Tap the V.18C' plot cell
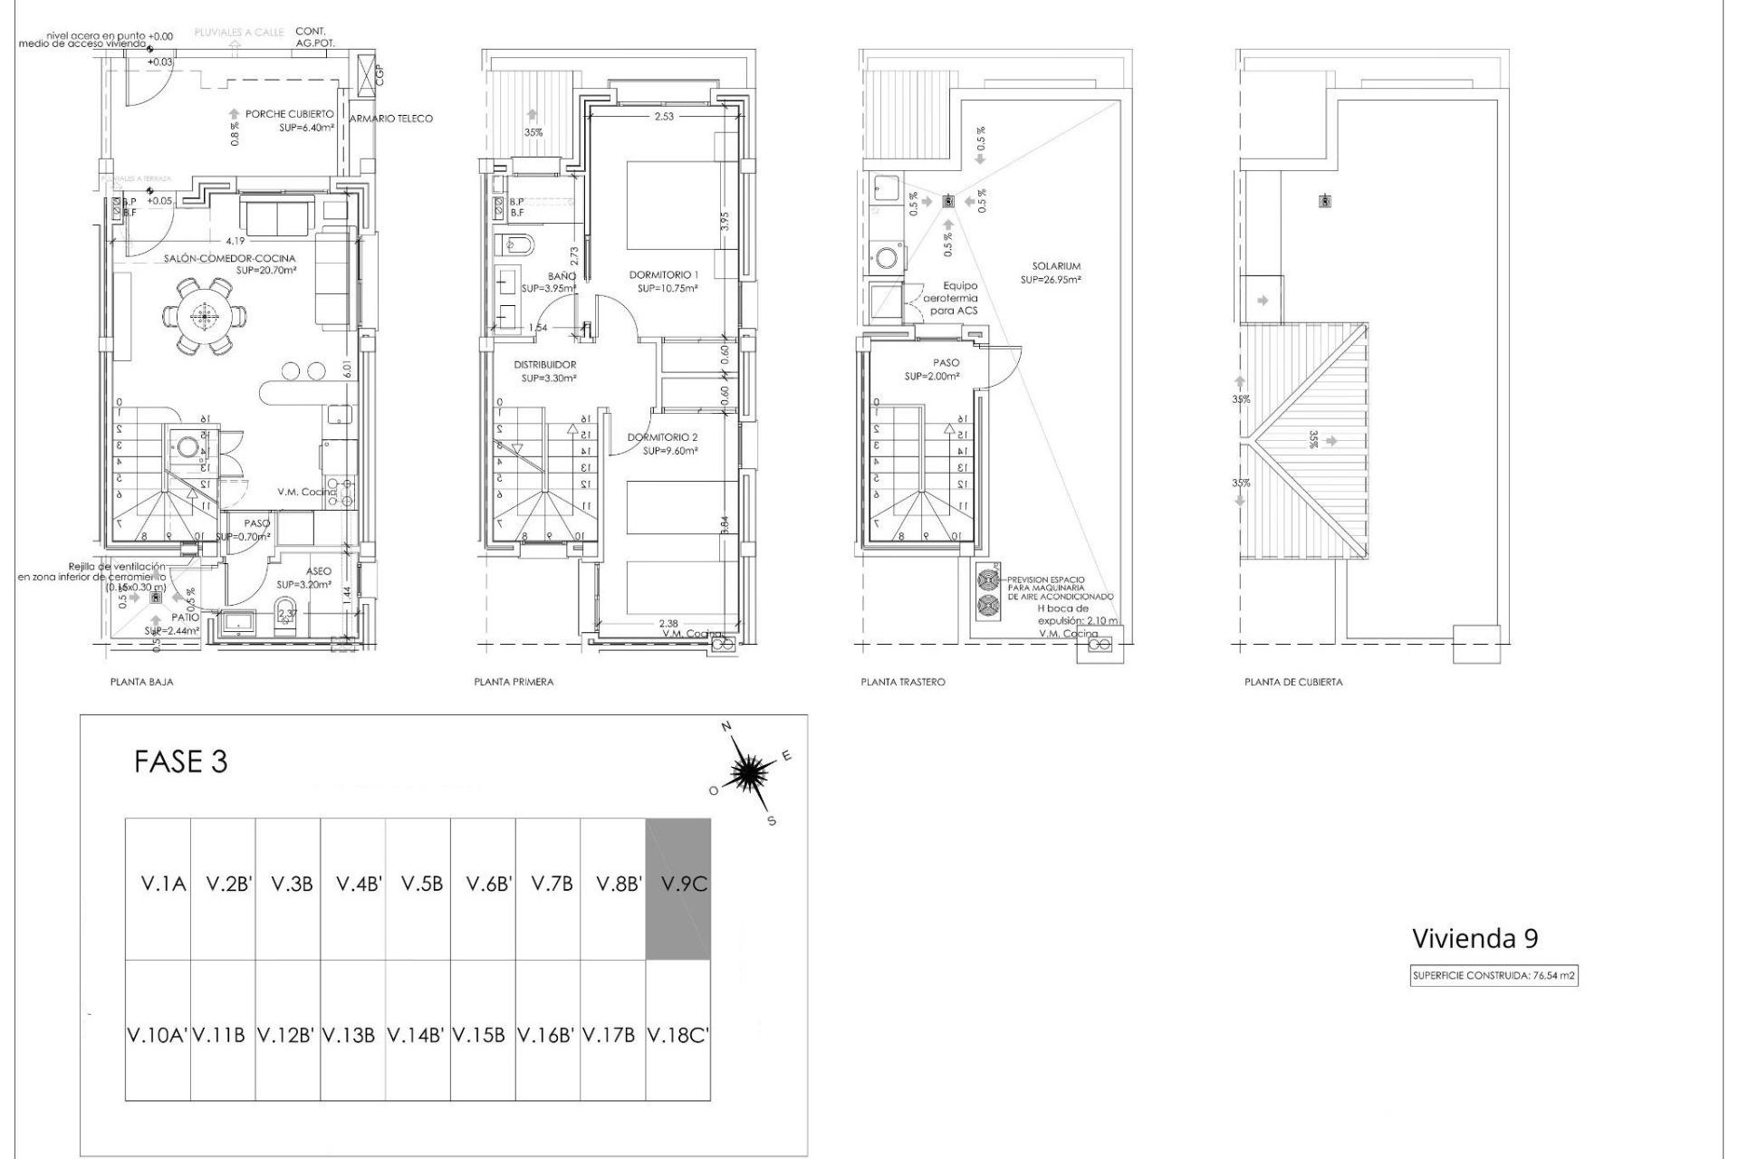[x=677, y=1035]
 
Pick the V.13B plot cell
[x=353, y=1035]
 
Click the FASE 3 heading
[x=180, y=761]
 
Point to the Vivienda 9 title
[x=1475, y=938]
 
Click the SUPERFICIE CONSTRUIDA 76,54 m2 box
[x=1494, y=976]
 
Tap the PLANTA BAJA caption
[x=141, y=682]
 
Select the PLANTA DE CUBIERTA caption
[x=1293, y=682]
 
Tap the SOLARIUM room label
[x=1056, y=266]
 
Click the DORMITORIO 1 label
[x=664, y=274]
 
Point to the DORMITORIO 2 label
[x=663, y=437]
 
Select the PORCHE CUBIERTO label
[x=289, y=114]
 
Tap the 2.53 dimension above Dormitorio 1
[x=664, y=116]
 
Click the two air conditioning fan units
[x=987, y=592]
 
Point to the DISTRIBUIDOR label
[x=544, y=365]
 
